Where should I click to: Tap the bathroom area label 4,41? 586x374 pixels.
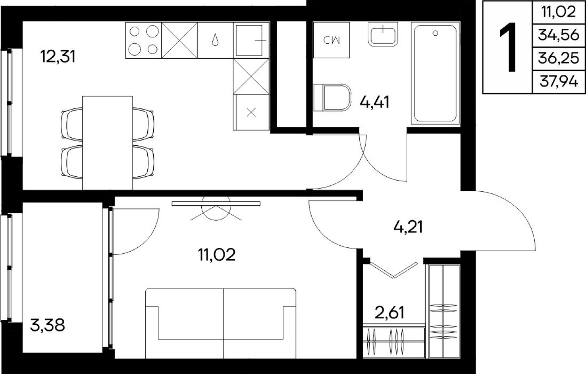(x=375, y=102)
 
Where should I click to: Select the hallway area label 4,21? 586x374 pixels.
(x=408, y=227)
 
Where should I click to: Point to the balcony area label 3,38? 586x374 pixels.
(x=48, y=326)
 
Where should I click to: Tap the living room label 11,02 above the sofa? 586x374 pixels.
(x=216, y=255)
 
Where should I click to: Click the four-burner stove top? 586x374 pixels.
(x=144, y=40)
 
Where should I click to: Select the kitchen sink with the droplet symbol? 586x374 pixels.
(x=215, y=40)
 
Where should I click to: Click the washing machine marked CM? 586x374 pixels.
(x=332, y=40)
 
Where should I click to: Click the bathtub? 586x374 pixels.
(x=435, y=74)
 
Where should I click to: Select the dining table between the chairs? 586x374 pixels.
(x=107, y=142)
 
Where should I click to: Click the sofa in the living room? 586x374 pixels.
(x=221, y=323)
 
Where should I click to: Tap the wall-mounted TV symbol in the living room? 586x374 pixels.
(x=216, y=204)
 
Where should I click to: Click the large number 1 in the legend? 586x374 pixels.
(x=507, y=47)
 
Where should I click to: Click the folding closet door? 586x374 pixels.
(x=394, y=270)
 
